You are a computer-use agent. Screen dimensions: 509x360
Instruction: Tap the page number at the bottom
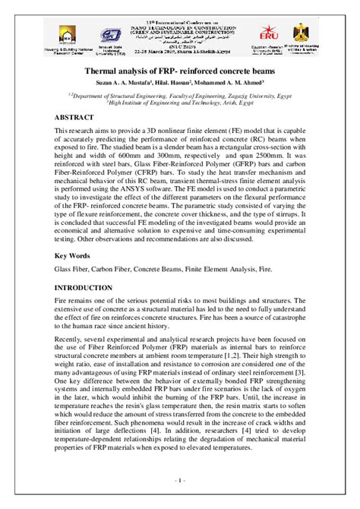[180, 481]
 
